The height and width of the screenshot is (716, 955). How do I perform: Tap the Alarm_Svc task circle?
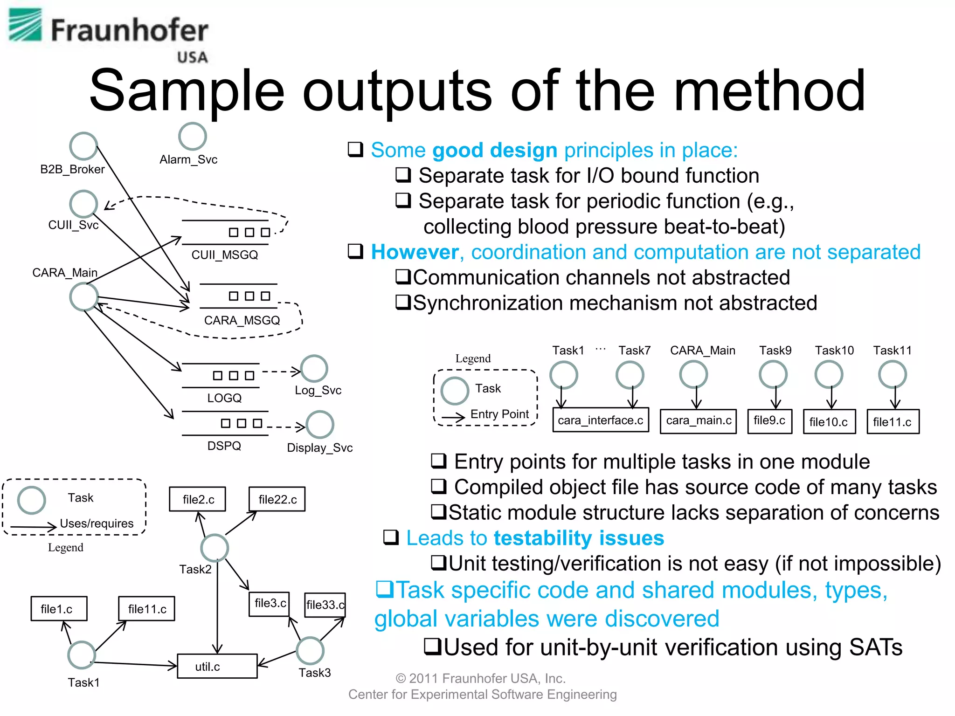click(x=192, y=136)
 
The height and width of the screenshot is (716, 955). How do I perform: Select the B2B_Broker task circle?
click(x=83, y=146)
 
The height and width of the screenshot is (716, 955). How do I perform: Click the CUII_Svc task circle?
click(x=83, y=204)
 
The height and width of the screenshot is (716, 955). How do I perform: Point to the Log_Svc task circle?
click(x=314, y=369)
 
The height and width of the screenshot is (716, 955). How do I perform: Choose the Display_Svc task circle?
click(x=319, y=424)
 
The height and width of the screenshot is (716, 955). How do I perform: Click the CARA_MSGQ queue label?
click(x=242, y=320)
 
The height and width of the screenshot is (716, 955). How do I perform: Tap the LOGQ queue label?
click(x=224, y=398)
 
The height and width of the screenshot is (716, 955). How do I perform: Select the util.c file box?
click(x=217, y=666)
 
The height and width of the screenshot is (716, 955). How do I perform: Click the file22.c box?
click(x=277, y=499)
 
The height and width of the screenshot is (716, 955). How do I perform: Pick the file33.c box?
click(x=325, y=605)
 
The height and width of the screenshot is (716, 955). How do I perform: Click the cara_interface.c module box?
click(x=600, y=420)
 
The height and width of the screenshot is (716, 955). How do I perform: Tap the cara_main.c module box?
click(x=698, y=421)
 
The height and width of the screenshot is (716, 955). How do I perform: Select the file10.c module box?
click(x=829, y=422)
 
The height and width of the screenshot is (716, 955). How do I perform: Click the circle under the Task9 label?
click(x=773, y=374)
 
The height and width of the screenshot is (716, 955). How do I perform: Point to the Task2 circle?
click(x=214, y=548)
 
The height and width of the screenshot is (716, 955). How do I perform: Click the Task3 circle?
click(x=310, y=650)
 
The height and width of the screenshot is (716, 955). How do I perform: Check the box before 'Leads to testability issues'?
click(x=391, y=537)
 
